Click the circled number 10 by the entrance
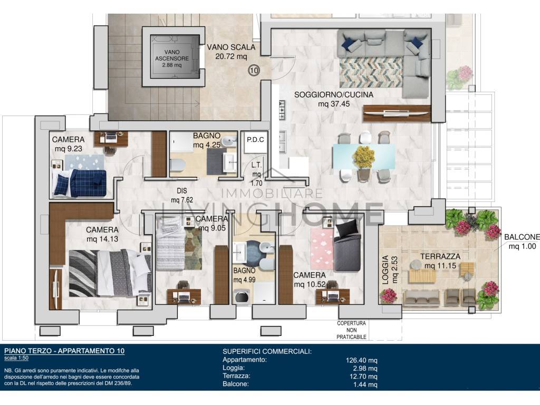pos(254,71)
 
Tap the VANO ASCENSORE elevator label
pos(172,59)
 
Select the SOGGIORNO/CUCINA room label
pos(333,99)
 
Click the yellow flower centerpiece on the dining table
pos(364,157)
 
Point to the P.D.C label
pos(255,139)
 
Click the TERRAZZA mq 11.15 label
pos(440,261)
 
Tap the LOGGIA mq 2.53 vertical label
pos(390,269)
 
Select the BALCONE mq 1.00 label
pos(522,242)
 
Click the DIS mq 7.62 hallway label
pos(182,195)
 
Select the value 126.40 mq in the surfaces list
pos(361,361)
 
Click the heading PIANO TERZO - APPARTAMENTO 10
pos(64,351)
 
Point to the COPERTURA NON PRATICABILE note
pos(351,330)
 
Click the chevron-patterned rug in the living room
pos(371,72)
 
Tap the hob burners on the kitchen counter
pos(282,110)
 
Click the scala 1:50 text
pos(16,358)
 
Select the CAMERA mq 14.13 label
pos(102,234)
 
